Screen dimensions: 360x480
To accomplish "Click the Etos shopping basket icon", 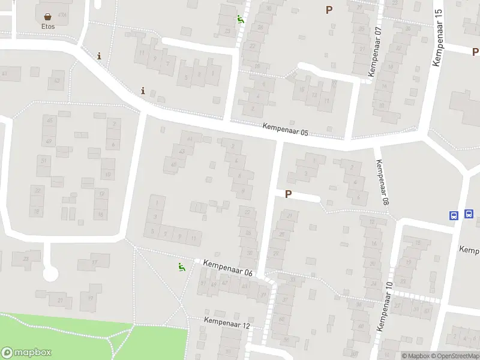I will point(47,16).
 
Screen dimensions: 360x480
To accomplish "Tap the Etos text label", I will point(48,26).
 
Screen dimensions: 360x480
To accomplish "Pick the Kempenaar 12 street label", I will point(227,323).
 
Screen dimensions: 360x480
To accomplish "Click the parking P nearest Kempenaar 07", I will point(329,10).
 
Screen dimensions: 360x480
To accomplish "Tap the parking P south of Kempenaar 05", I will point(288,194).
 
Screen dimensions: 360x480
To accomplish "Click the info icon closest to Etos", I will point(99,56).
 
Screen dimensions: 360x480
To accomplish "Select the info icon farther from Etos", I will point(143,91).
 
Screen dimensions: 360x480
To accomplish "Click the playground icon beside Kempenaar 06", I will point(181,266).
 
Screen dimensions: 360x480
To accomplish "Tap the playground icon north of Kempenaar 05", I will point(240,19).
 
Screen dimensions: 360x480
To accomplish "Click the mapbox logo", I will point(26,353).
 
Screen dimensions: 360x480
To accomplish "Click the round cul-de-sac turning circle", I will point(50,274).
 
